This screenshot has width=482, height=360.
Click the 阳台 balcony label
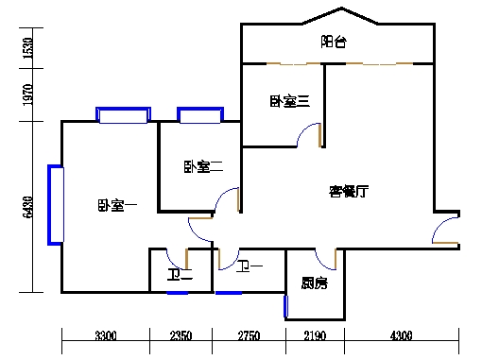334,42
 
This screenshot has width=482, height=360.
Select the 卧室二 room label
203,167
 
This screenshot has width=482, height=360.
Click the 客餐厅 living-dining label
348,191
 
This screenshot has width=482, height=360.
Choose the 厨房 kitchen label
315,283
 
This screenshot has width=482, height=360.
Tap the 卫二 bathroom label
180,276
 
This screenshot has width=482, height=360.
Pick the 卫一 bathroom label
250,267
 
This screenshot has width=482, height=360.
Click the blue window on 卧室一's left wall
56,205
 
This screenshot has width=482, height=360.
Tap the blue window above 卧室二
199,116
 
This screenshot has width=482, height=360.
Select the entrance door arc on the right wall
445,231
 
